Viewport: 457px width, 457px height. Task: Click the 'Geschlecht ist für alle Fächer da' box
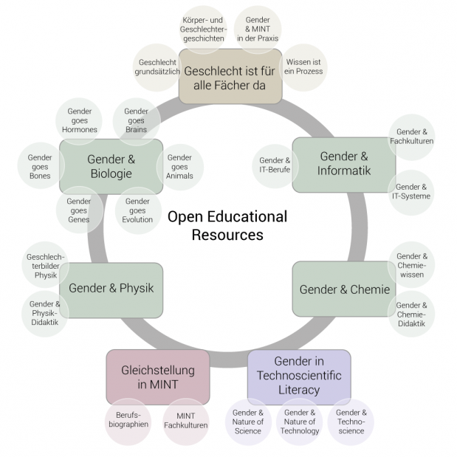click(x=230, y=76)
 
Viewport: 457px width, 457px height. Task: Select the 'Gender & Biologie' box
click(x=111, y=166)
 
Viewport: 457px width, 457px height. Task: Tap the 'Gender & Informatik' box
click(x=344, y=164)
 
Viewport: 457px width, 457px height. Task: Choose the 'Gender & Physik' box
click(x=111, y=289)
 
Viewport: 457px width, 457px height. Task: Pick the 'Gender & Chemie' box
click(x=344, y=289)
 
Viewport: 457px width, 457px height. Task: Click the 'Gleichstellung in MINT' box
click(x=158, y=376)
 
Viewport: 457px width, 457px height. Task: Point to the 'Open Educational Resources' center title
click(x=227, y=226)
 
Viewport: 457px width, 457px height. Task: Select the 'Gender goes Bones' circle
click(x=40, y=167)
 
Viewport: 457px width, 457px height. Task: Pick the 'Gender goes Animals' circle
click(x=179, y=167)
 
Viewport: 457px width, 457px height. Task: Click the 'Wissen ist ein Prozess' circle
click(x=303, y=67)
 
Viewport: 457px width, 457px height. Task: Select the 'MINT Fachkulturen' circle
click(x=185, y=421)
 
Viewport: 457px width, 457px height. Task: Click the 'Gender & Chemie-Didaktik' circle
click(x=410, y=315)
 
